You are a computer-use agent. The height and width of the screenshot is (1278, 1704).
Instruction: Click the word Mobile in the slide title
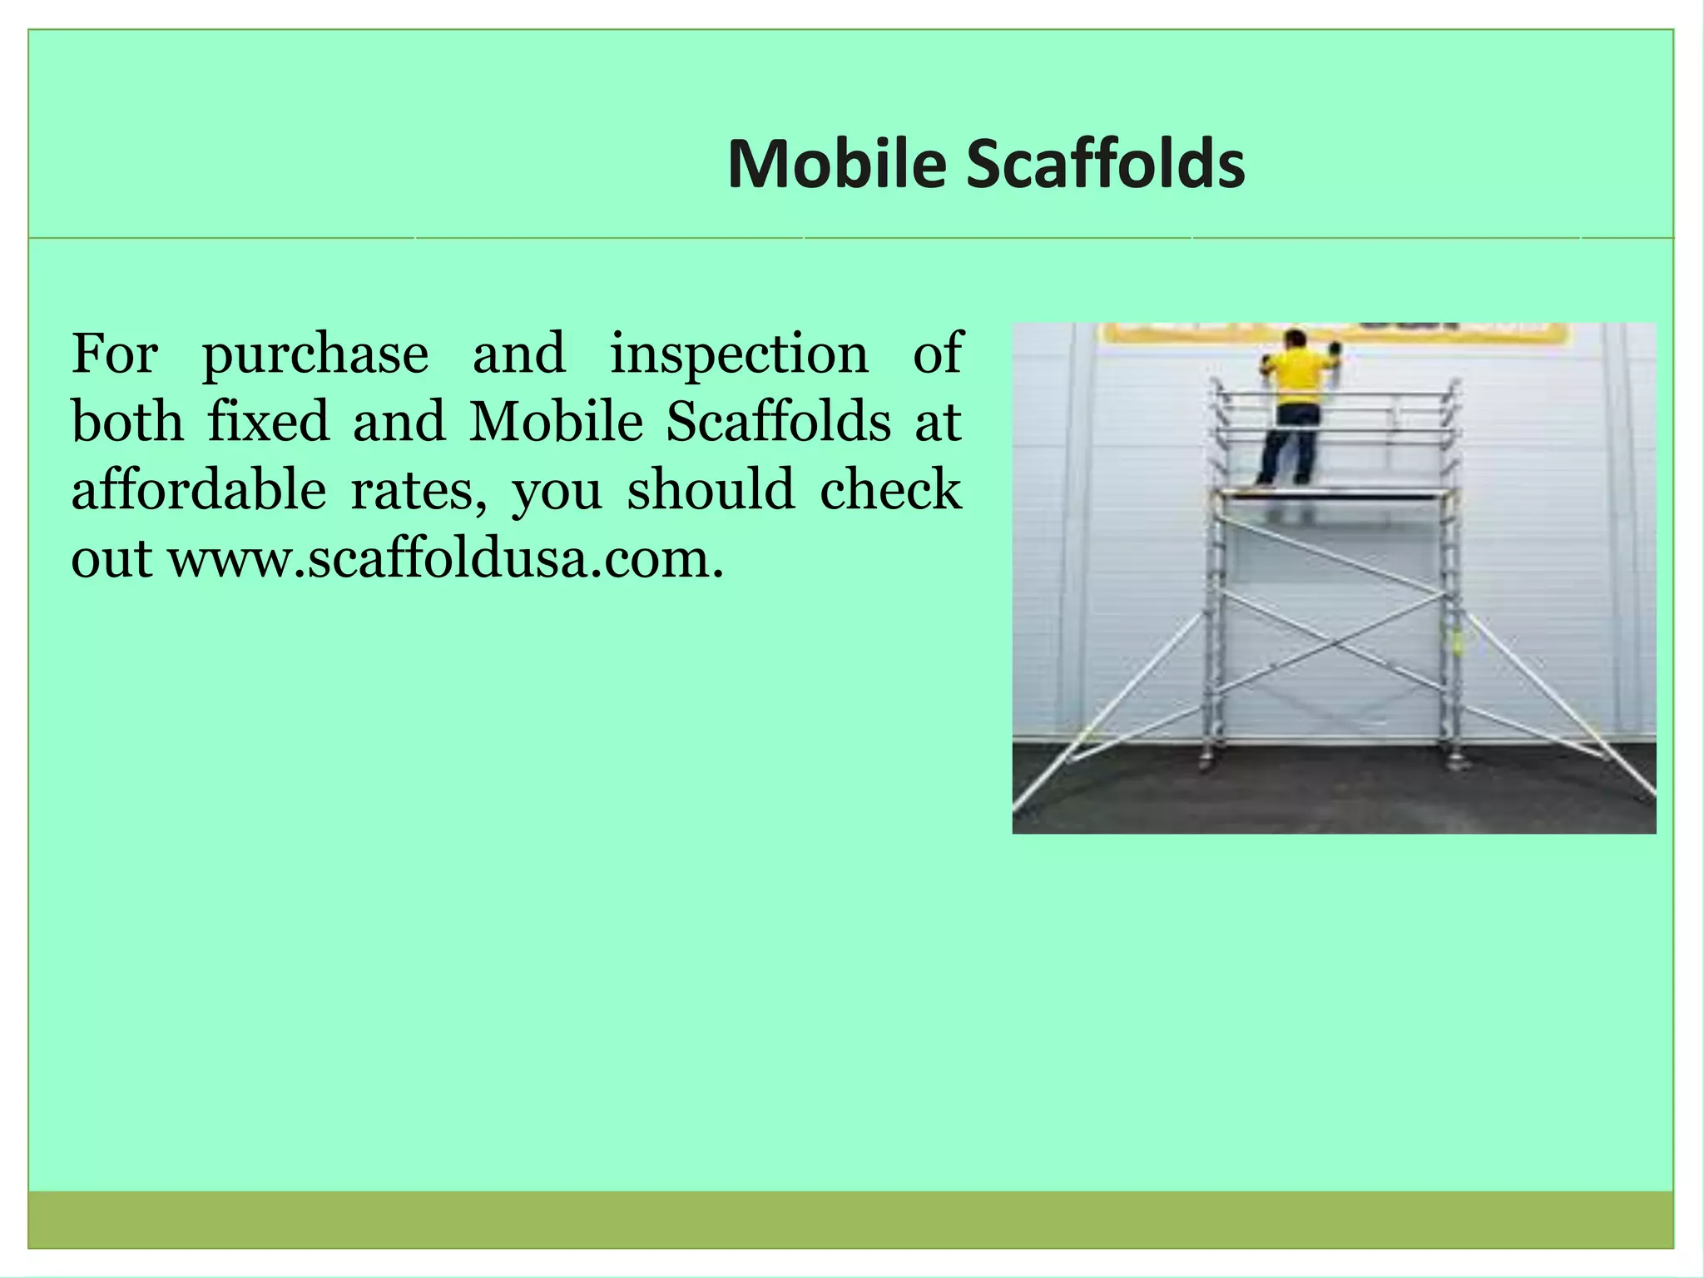[836, 164]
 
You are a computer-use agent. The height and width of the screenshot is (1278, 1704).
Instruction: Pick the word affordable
[198, 490]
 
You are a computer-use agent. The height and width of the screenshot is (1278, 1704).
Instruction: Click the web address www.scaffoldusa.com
[446, 558]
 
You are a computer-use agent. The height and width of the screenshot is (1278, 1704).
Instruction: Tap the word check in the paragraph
[890, 490]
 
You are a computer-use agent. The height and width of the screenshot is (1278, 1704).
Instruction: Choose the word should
[711, 490]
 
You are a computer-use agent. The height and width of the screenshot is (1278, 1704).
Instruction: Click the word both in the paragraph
[126, 422]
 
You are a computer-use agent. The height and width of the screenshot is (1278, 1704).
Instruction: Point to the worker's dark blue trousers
[1289, 445]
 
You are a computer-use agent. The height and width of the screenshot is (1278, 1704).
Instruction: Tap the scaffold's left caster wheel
[1206, 761]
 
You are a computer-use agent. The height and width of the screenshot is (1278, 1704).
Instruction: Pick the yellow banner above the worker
[1414, 333]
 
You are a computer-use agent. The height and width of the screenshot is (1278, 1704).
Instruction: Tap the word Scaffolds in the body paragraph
[778, 422]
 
